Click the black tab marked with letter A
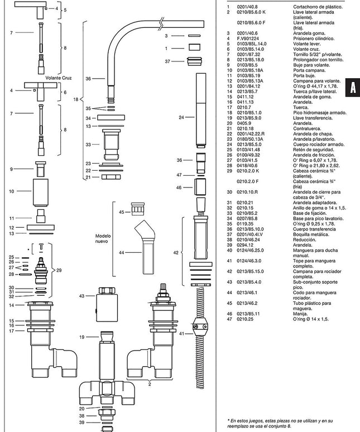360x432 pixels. coord(353,87)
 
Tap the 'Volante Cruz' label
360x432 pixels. coord(59,78)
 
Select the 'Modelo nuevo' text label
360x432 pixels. coord(103,238)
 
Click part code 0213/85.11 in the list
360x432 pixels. coord(248,314)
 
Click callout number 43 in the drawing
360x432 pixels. coord(82,296)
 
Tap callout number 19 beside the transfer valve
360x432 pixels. coord(82,337)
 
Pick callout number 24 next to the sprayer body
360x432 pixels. coord(181,117)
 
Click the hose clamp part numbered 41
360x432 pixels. coord(200,327)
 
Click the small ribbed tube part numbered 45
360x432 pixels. coord(138,209)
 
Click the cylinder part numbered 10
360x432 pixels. coord(41,193)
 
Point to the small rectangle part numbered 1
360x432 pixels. coord(194,47)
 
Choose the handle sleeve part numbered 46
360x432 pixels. coord(200,187)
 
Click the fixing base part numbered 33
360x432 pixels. coord(111,145)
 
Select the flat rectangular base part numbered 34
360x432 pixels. coord(111,118)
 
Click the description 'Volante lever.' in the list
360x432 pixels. coord(307,44)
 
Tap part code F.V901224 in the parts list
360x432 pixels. coord(248,39)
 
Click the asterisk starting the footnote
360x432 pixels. coord(228,420)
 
